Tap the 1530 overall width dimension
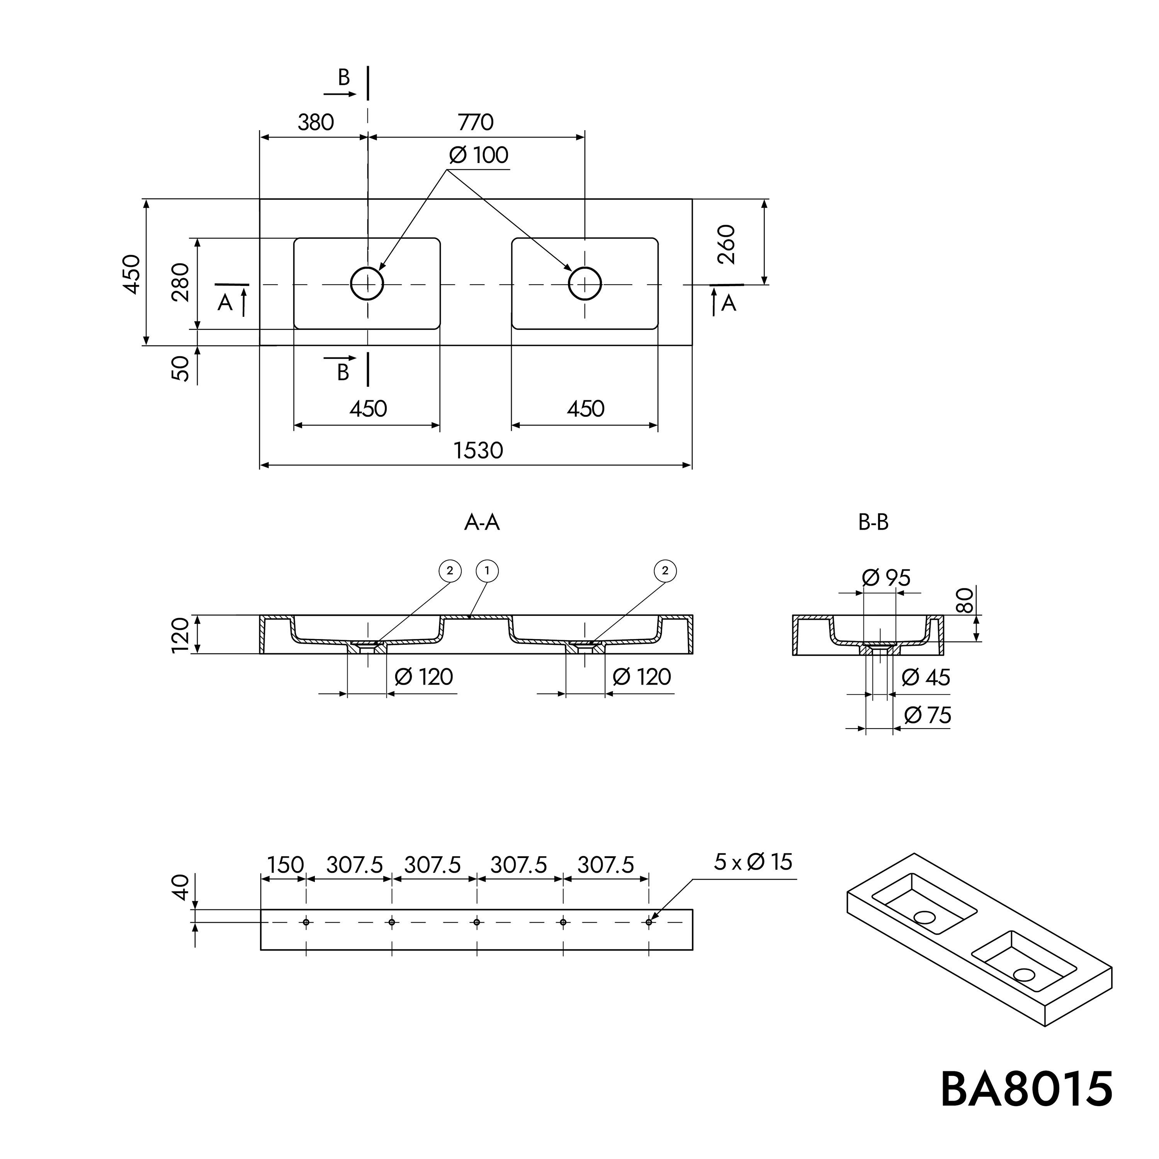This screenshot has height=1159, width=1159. pos(478,450)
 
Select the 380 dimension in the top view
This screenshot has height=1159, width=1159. pos(316,122)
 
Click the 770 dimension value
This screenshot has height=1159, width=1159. pos(476,122)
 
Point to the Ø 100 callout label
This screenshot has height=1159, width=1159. pos(479,155)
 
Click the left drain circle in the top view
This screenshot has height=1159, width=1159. pos(367,283)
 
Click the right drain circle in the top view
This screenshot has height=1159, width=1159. pos(585,283)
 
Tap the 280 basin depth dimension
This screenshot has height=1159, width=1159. pos(180,282)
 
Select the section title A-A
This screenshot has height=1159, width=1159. pos(482,522)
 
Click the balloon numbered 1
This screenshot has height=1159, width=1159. pos(487,571)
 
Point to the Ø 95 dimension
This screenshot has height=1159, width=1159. pos(886,578)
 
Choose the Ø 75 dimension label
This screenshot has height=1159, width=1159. pos(928,715)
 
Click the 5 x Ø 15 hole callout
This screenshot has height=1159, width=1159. pos(753,862)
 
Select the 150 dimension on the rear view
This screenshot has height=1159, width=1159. pos(286,865)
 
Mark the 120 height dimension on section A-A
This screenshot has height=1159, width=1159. pos(180,635)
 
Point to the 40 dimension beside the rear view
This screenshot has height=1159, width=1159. pos(180,887)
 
